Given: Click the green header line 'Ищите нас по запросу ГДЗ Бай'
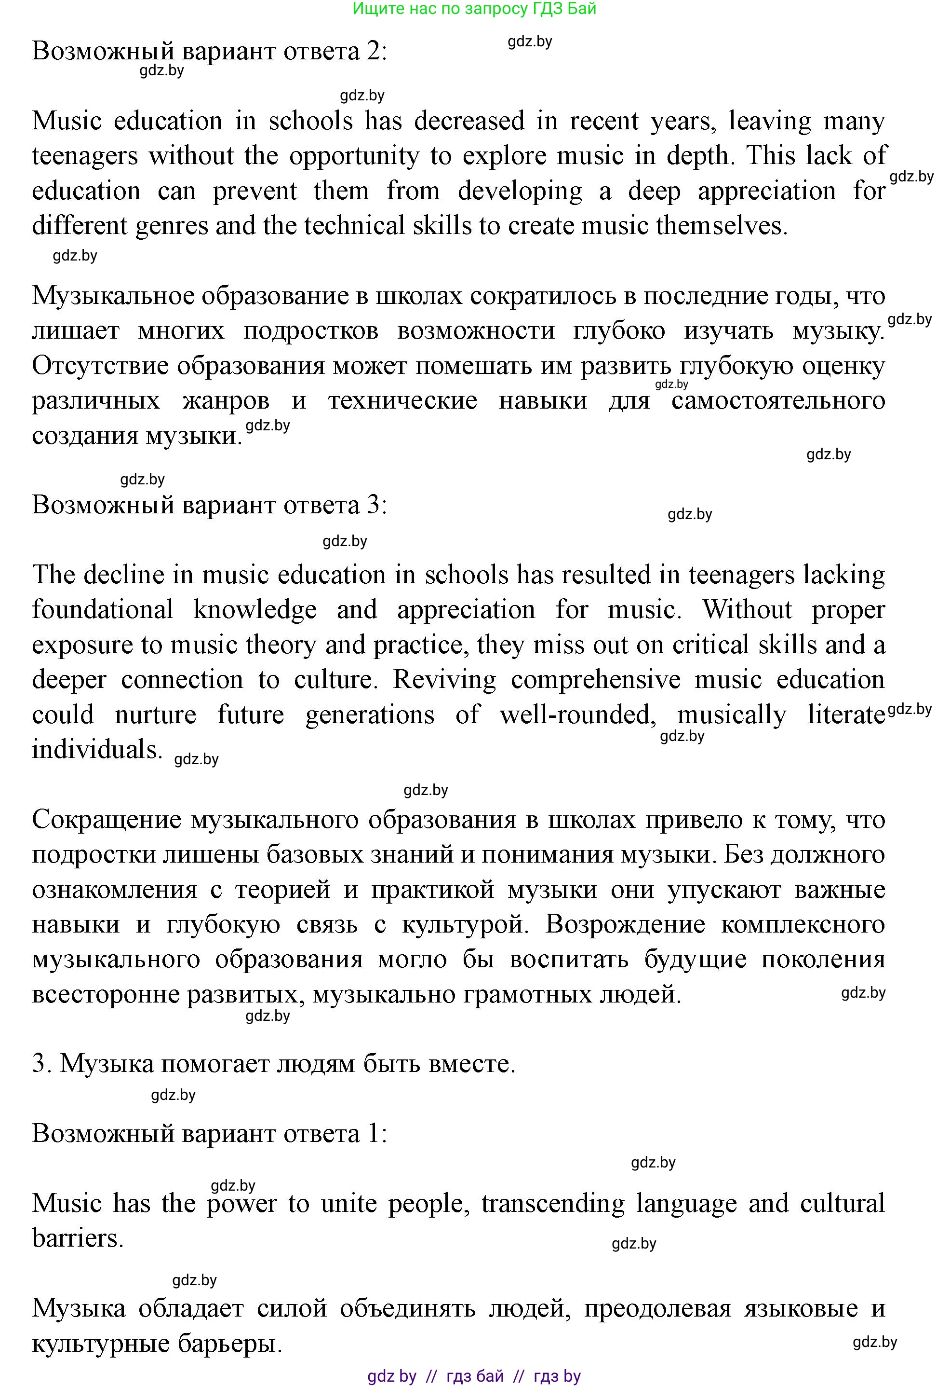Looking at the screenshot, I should click(x=474, y=9).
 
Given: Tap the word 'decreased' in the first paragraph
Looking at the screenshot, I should click(x=469, y=121).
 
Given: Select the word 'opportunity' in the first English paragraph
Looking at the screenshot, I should click(x=354, y=156).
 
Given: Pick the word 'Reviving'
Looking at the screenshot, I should click(x=444, y=680).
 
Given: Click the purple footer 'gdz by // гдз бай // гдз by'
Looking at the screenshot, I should click(x=474, y=1376).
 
